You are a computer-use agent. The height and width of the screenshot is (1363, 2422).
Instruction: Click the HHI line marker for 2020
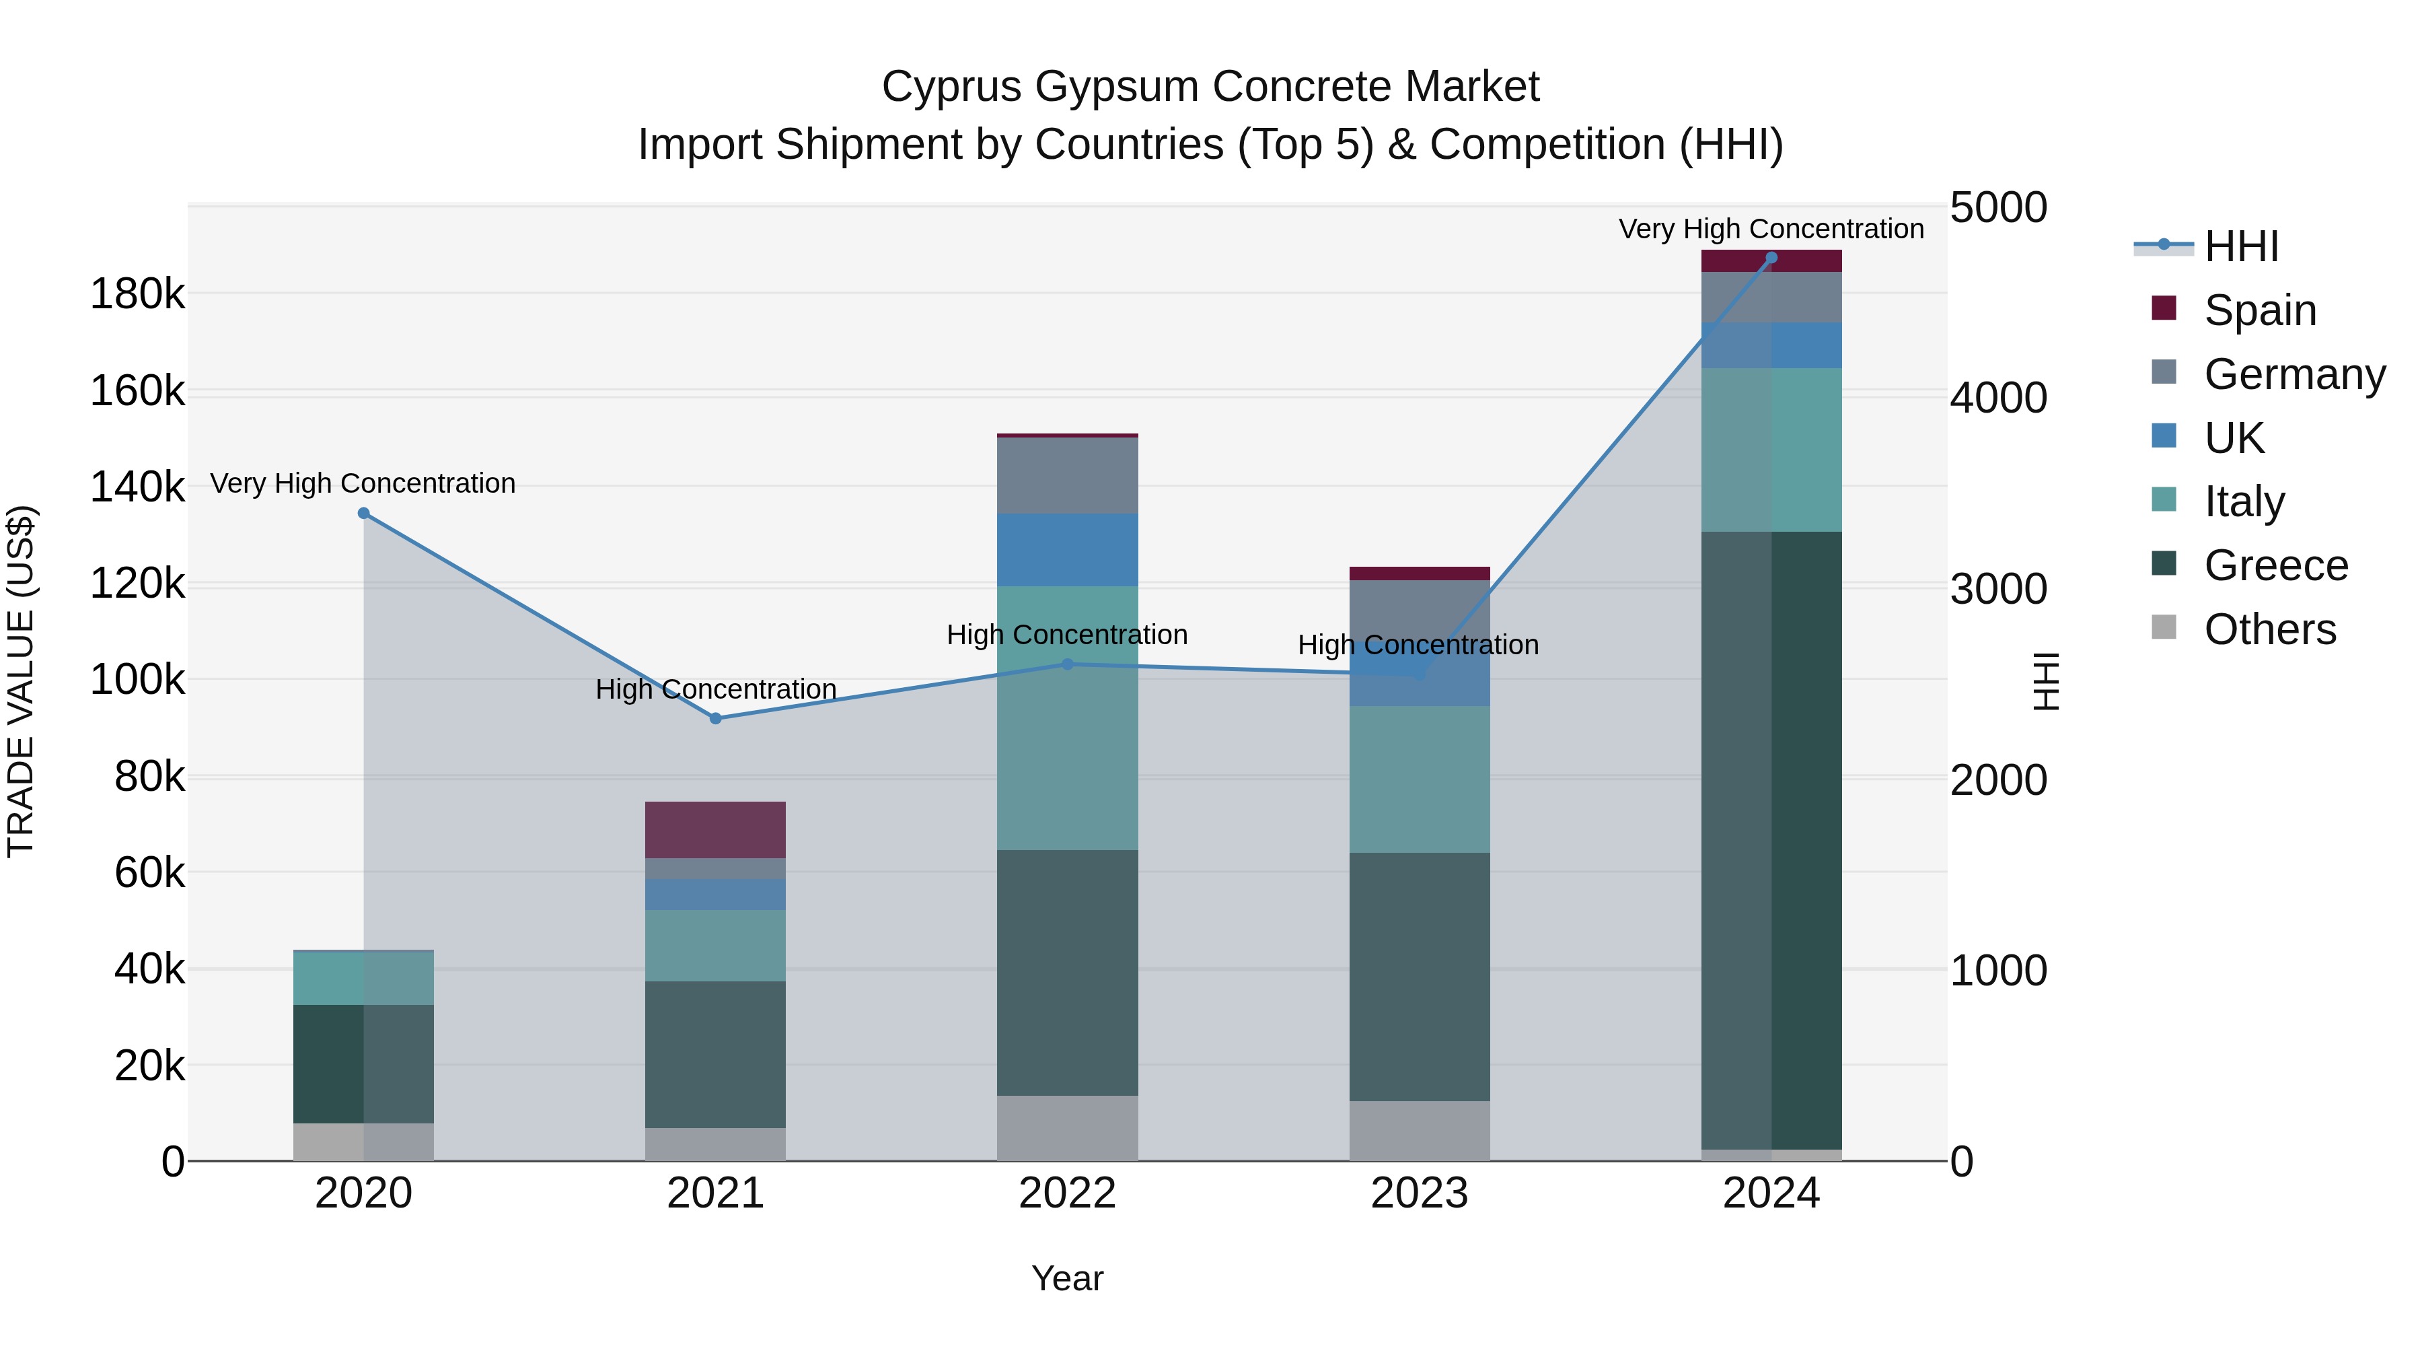click(x=364, y=513)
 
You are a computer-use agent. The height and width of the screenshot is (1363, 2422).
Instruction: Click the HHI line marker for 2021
click(x=716, y=719)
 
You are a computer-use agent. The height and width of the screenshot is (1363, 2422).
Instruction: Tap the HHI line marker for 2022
click(x=1067, y=664)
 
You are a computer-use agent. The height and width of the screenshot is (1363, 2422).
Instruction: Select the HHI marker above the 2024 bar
click(x=1771, y=258)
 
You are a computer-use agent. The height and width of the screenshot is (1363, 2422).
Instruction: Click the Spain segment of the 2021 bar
click(x=716, y=830)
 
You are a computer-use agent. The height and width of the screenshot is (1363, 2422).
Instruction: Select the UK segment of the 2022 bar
click(x=1067, y=551)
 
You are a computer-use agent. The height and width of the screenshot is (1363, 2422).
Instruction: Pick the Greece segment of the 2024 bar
click(x=1771, y=839)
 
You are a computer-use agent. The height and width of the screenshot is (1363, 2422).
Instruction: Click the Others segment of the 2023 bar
click(x=1420, y=1131)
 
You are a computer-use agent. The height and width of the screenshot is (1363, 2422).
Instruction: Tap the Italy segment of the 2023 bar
click(x=1420, y=779)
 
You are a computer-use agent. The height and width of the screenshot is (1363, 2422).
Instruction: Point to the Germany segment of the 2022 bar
click(x=1067, y=476)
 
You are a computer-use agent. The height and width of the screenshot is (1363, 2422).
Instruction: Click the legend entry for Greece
click(x=2275, y=565)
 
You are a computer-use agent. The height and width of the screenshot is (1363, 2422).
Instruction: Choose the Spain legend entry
click(x=2259, y=310)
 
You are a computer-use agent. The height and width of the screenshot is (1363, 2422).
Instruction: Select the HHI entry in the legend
click(x=2240, y=246)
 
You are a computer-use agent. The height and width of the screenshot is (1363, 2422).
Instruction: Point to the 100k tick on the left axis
click(x=137, y=679)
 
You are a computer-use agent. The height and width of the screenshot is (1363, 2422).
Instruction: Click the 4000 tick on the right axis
click(x=1998, y=398)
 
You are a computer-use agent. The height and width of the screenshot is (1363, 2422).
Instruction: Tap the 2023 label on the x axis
click(x=1419, y=1193)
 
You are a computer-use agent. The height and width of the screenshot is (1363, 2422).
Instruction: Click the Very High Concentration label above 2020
click(x=363, y=483)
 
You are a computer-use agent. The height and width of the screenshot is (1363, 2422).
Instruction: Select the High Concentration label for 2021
click(x=716, y=689)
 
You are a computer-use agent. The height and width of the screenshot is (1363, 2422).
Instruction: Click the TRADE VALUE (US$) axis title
click(x=21, y=681)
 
